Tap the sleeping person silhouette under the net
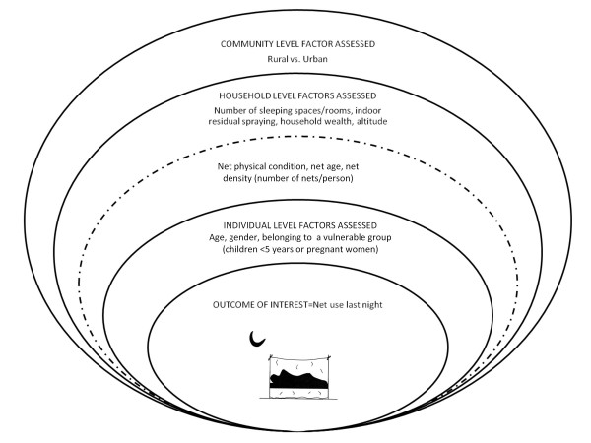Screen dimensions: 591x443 click(x=298, y=379)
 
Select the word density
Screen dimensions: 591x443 click(x=237, y=178)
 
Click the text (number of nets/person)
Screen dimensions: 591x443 click(x=304, y=178)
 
